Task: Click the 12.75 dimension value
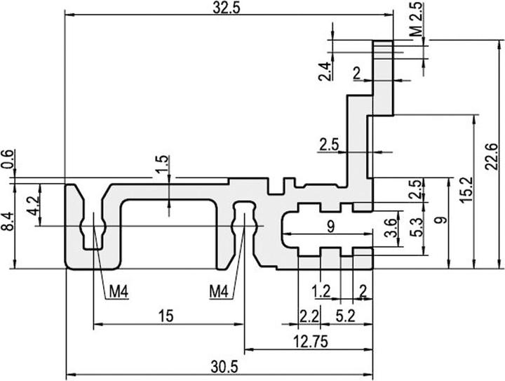click(309, 341)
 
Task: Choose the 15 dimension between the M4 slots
click(166, 316)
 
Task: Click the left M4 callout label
click(117, 291)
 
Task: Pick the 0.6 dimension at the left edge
click(8, 159)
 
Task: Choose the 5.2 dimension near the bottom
click(345, 316)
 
